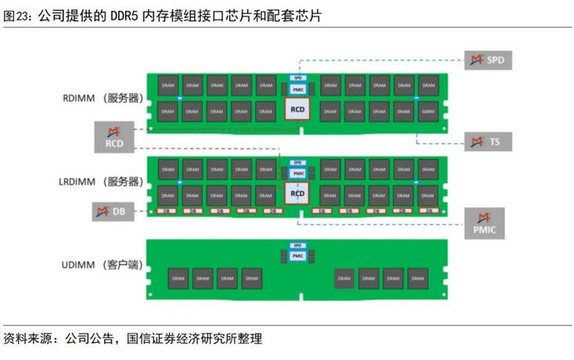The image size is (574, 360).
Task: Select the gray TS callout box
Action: tap(489, 142)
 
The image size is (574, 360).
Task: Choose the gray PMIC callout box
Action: tap(485, 224)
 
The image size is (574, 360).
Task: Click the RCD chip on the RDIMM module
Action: tap(297, 107)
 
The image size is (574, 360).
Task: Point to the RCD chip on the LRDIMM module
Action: tap(297, 194)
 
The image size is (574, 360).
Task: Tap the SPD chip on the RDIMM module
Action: tap(297, 77)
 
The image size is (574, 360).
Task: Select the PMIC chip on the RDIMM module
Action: tap(297, 89)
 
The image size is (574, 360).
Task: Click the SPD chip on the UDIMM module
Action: tap(297, 246)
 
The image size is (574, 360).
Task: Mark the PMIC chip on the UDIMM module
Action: tap(297, 256)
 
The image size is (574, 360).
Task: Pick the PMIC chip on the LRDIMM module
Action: tap(297, 173)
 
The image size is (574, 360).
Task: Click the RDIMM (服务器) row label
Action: tap(100, 98)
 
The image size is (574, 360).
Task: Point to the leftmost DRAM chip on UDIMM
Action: tap(178, 277)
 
